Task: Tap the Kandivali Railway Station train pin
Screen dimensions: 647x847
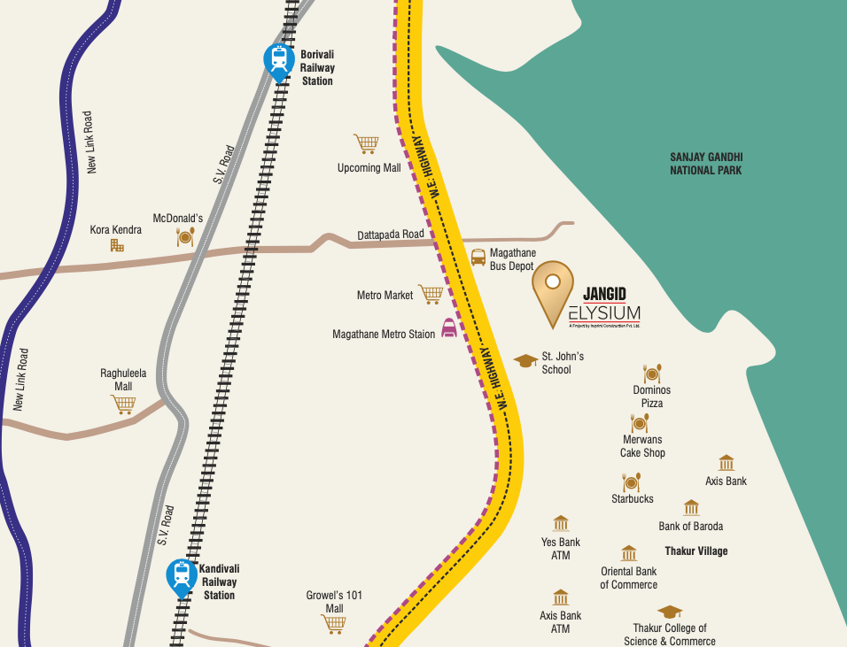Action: pos(182,577)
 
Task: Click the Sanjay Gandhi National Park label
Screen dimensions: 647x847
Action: pos(705,164)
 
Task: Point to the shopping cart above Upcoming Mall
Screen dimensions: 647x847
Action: pos(366,143)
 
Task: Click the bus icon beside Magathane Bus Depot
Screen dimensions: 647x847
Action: pos(478,258)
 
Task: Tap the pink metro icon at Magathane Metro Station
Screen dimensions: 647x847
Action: pos(450,328)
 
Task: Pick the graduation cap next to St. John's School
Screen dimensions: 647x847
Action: pos(526,360)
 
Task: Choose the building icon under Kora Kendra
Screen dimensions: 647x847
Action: pos(117,245)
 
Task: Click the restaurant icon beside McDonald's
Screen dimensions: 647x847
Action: pos(185,236)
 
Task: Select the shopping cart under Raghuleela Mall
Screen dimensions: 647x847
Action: pos(123,404)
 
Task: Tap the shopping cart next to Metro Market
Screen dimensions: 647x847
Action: pos(430,294)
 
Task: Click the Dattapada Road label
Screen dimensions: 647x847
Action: pos(391,235)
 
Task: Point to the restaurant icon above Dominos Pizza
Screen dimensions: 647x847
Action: pos(652,374)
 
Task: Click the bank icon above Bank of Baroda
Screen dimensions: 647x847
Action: pos(691,508)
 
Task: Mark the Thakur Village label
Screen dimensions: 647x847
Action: pos(696,551)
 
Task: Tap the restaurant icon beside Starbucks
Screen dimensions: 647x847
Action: pos(632,481)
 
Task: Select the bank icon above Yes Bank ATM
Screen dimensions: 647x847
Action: pos(560,524)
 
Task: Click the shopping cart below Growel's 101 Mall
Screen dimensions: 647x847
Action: pos(333,624)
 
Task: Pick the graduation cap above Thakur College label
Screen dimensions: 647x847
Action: pos(670,612)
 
